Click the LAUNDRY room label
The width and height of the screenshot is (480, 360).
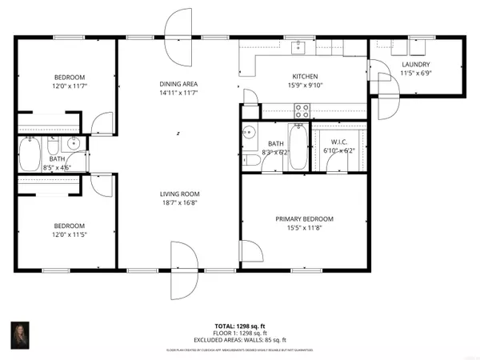pos(417,65)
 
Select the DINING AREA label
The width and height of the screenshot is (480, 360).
pos(178,84)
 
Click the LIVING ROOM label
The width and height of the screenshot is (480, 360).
pos(178,194)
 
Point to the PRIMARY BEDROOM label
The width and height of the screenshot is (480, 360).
pos(304,218)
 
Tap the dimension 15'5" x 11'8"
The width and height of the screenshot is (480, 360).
pos(304,228)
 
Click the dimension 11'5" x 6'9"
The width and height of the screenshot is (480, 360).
pos(417,74)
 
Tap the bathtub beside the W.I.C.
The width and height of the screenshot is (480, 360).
pos(297,146)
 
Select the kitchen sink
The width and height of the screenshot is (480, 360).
pos(299,46)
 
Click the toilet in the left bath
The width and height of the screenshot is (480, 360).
pos(53,150)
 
